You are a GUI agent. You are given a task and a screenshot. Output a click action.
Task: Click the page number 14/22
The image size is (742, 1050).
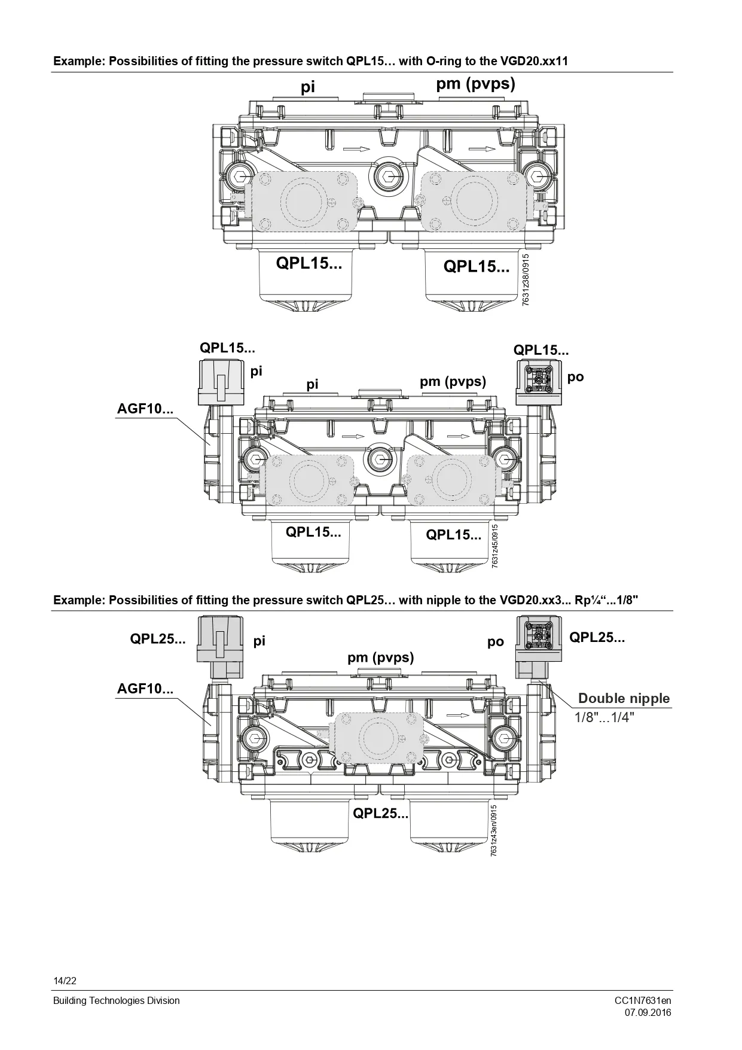(x=65, y=981)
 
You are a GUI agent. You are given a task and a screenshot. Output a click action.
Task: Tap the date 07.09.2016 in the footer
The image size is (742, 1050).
(x=648, y=1012)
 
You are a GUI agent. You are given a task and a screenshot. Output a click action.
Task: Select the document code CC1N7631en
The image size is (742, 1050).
(x=643, y=1000)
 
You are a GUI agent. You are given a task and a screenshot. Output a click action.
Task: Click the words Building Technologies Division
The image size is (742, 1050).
(x=116, y=1000)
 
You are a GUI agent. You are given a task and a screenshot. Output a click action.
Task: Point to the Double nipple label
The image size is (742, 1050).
(x=624, y=698)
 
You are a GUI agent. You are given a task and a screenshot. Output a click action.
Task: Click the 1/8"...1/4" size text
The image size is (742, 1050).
(x=604, y=717)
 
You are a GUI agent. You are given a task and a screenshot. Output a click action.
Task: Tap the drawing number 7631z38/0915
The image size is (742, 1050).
(x=526, y=280)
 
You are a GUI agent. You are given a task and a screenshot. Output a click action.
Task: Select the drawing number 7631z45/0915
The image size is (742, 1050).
(x=494, y=547)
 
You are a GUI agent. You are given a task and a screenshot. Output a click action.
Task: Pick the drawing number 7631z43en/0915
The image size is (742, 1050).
(x=493, y=830)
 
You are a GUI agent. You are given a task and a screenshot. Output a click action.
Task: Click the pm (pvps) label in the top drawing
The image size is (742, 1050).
(x=475, y=84)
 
